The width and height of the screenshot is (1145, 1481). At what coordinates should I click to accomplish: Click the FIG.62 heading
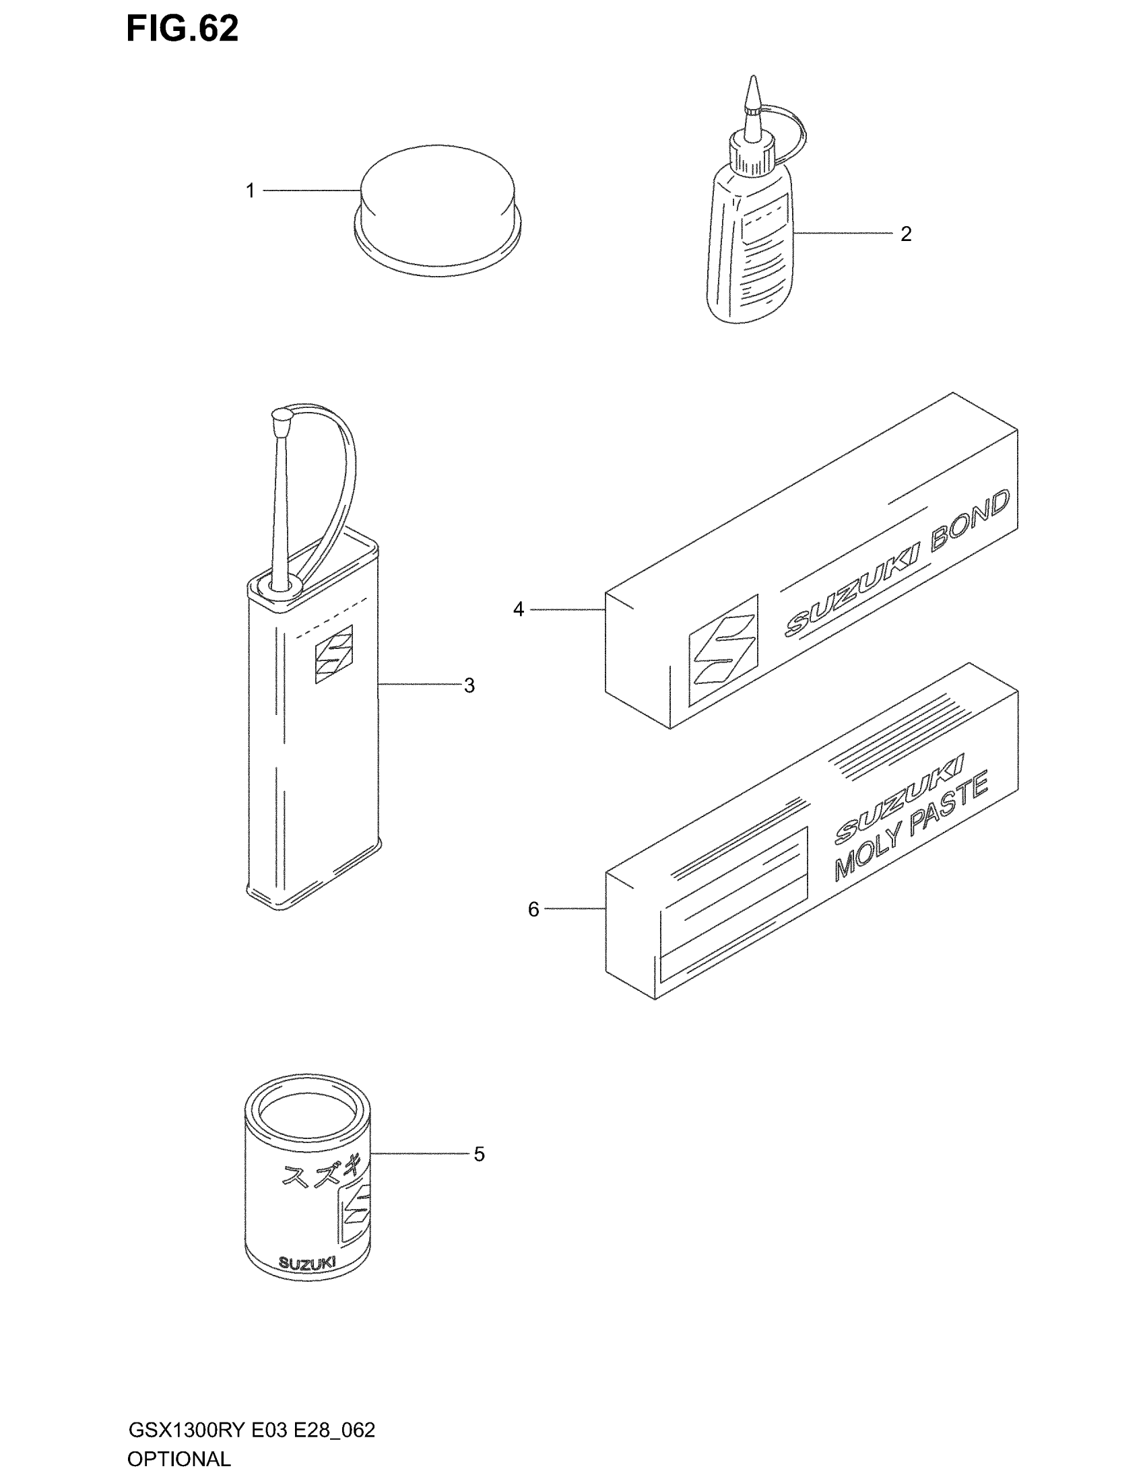point(182,30)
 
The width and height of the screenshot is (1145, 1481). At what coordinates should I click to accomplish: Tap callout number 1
point(251,191)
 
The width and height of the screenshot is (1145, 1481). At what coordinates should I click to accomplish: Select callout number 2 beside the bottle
point(905,234)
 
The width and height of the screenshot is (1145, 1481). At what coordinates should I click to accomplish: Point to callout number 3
point(469,685)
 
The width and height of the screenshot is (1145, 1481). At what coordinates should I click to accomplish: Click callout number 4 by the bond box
point(518,610)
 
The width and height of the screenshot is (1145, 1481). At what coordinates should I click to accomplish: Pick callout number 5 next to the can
point(479,1154)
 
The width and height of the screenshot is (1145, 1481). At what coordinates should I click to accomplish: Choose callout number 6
point(533,909)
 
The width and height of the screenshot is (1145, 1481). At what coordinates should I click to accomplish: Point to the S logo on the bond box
point(723,651)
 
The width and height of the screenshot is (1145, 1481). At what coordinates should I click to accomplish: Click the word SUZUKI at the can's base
point(307,1264)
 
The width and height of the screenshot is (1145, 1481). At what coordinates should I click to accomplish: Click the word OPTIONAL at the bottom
point(179,1459)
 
